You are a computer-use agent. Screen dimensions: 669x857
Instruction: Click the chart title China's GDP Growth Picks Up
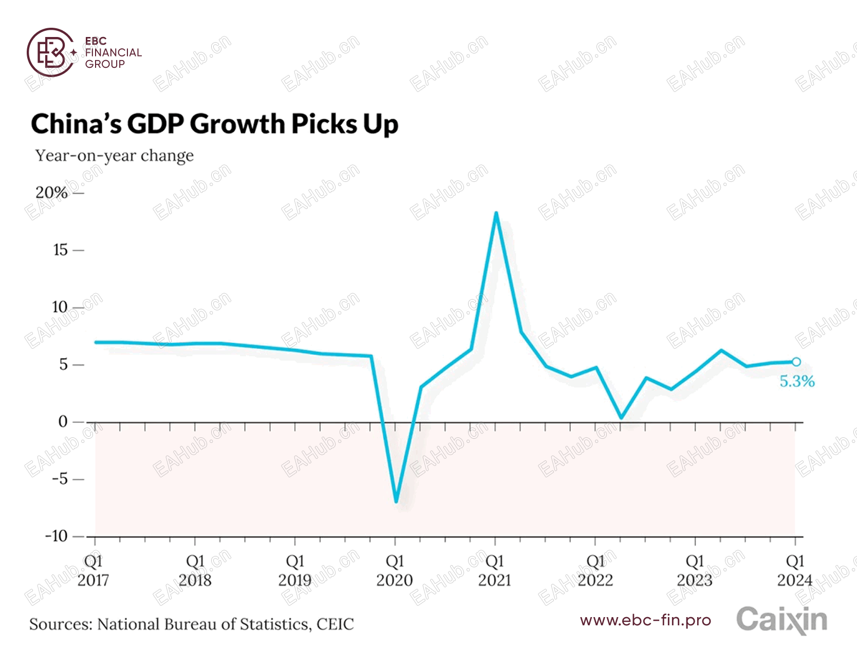pyautogui.click(x=214, y=124)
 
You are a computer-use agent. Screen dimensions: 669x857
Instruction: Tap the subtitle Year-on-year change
pyautogui.click(x=114, y=156)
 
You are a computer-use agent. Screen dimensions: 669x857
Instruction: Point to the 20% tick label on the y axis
pyautogui.click(x=51, y=193)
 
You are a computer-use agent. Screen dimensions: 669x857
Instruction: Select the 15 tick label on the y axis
pyautogui.click(x=60, y=250)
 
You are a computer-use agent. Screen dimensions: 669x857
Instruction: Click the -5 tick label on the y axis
pyautogui.click(x=60, y=479)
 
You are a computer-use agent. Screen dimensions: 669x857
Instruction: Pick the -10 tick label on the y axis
pyautogui.click(x=57, y=536)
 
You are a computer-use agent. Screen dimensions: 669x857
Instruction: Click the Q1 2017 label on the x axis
pyautogui.click(x=93, y=570)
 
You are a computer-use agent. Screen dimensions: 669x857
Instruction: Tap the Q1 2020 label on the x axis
pyautogui.click(x=395, y=570)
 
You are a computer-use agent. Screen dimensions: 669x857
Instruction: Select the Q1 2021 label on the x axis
pyautogui.click(x=495, y=570)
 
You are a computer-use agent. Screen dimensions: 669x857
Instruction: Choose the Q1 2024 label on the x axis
pyautogui.click(x=794, y=570)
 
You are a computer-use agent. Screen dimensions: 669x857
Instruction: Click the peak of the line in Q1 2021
pyautogui.click(x=496, y=213)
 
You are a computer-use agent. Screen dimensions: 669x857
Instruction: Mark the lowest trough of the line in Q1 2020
pyautogui.click(x=396, y=501)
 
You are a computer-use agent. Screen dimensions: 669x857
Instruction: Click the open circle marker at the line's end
pyautogui.click(x=796, y=362)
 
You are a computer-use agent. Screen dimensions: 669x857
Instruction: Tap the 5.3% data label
pyautogui.click(x=797, y=381)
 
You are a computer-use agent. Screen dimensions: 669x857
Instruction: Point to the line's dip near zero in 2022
pyautogui.click(x=621, y=417)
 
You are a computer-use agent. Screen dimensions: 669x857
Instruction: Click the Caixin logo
pyautogui.click(x=781, y=620)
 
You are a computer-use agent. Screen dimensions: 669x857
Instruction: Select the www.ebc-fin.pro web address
pyautogui.click(x=645, y=620)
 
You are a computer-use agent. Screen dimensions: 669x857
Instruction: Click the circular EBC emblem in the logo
pyautogui.click(x=51, y=52)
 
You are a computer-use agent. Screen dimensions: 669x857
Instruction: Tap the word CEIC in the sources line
pyautogui.click(x=335, y=624)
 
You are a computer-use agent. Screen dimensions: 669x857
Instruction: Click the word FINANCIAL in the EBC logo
pyautogui.click(x=113, y=52)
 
